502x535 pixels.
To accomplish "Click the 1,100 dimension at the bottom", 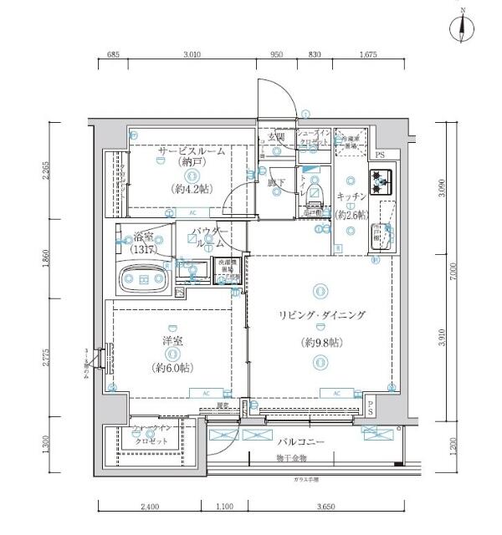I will click(x=223, y=506).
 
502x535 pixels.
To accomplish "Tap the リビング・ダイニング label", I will click(x=322, y=315).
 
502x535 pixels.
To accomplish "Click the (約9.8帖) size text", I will click(x=321, y=344).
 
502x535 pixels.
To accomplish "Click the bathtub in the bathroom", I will click(x=144, y=279).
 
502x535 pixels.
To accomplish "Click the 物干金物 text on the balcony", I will click(x=293, y=458).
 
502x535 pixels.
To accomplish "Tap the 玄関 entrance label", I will click(x=276, y=136).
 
